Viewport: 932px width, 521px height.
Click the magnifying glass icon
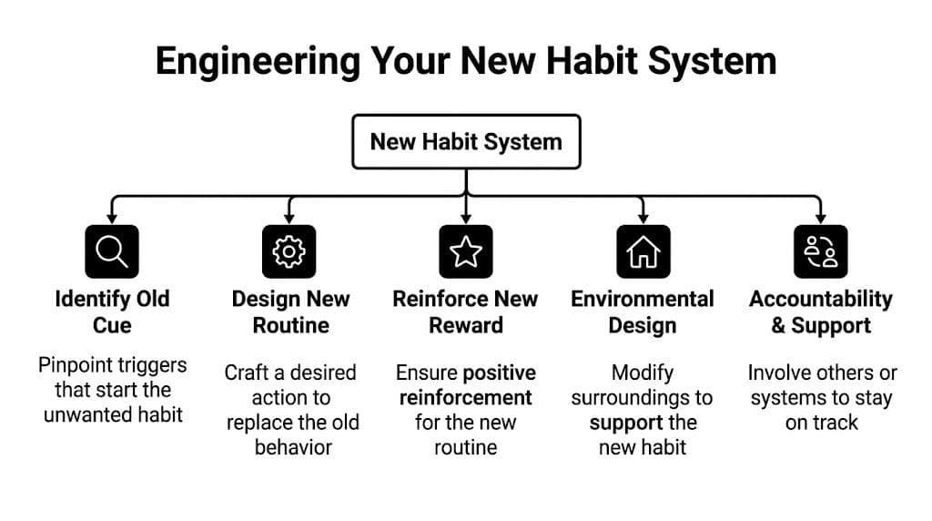[x=112, y=250]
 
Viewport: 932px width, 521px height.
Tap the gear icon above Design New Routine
[x=289, y=250]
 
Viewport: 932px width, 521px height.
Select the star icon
[x=466, y=250]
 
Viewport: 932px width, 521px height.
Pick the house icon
[x=643, y=250]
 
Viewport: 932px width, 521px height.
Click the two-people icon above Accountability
[x=820, y=250]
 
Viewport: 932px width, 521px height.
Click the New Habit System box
[x=466, y=141]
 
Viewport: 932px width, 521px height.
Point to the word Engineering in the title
[x=256, y=61]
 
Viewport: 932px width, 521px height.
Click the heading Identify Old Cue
[x=112, y=312]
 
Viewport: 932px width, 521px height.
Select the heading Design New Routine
[x=289, y=312]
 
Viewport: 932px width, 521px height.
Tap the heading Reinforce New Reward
[x=466, y=312]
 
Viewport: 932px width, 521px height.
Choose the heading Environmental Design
[x=643, y=312]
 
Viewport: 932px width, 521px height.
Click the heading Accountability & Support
[x=820, y=312]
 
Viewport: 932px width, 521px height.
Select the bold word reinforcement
[x=465, y=398]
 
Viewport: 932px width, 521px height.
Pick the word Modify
[x=643, y=373]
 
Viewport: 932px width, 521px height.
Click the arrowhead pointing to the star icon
[x=466, y=218]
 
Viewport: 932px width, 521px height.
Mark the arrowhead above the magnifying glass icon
[x=112, y=218]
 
